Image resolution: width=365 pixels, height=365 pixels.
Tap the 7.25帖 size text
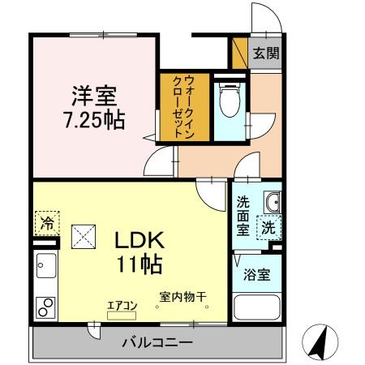tap(94, 121)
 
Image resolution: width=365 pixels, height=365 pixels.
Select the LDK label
tap(138, 241)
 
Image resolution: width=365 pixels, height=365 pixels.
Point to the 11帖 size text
tap(138, 264)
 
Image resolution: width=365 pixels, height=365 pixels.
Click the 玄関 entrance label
tap(264, 54)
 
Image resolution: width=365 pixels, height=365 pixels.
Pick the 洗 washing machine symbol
tap(268, 228)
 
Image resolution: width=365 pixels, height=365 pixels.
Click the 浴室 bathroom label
tap(258, 274)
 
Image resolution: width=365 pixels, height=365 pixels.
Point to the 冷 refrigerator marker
tap(47, 221)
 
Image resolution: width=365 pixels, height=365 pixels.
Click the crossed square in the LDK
tap(84, 238)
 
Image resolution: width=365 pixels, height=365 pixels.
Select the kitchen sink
tap(45, 265)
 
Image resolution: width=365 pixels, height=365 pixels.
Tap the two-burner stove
tap(45, 307)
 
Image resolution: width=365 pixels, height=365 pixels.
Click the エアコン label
tap(124, 306)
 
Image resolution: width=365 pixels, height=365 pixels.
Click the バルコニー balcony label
tap(157, 341)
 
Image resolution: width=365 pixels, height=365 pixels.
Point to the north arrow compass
tap(320, 341)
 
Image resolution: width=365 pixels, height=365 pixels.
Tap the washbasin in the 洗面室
tap(272, 201)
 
